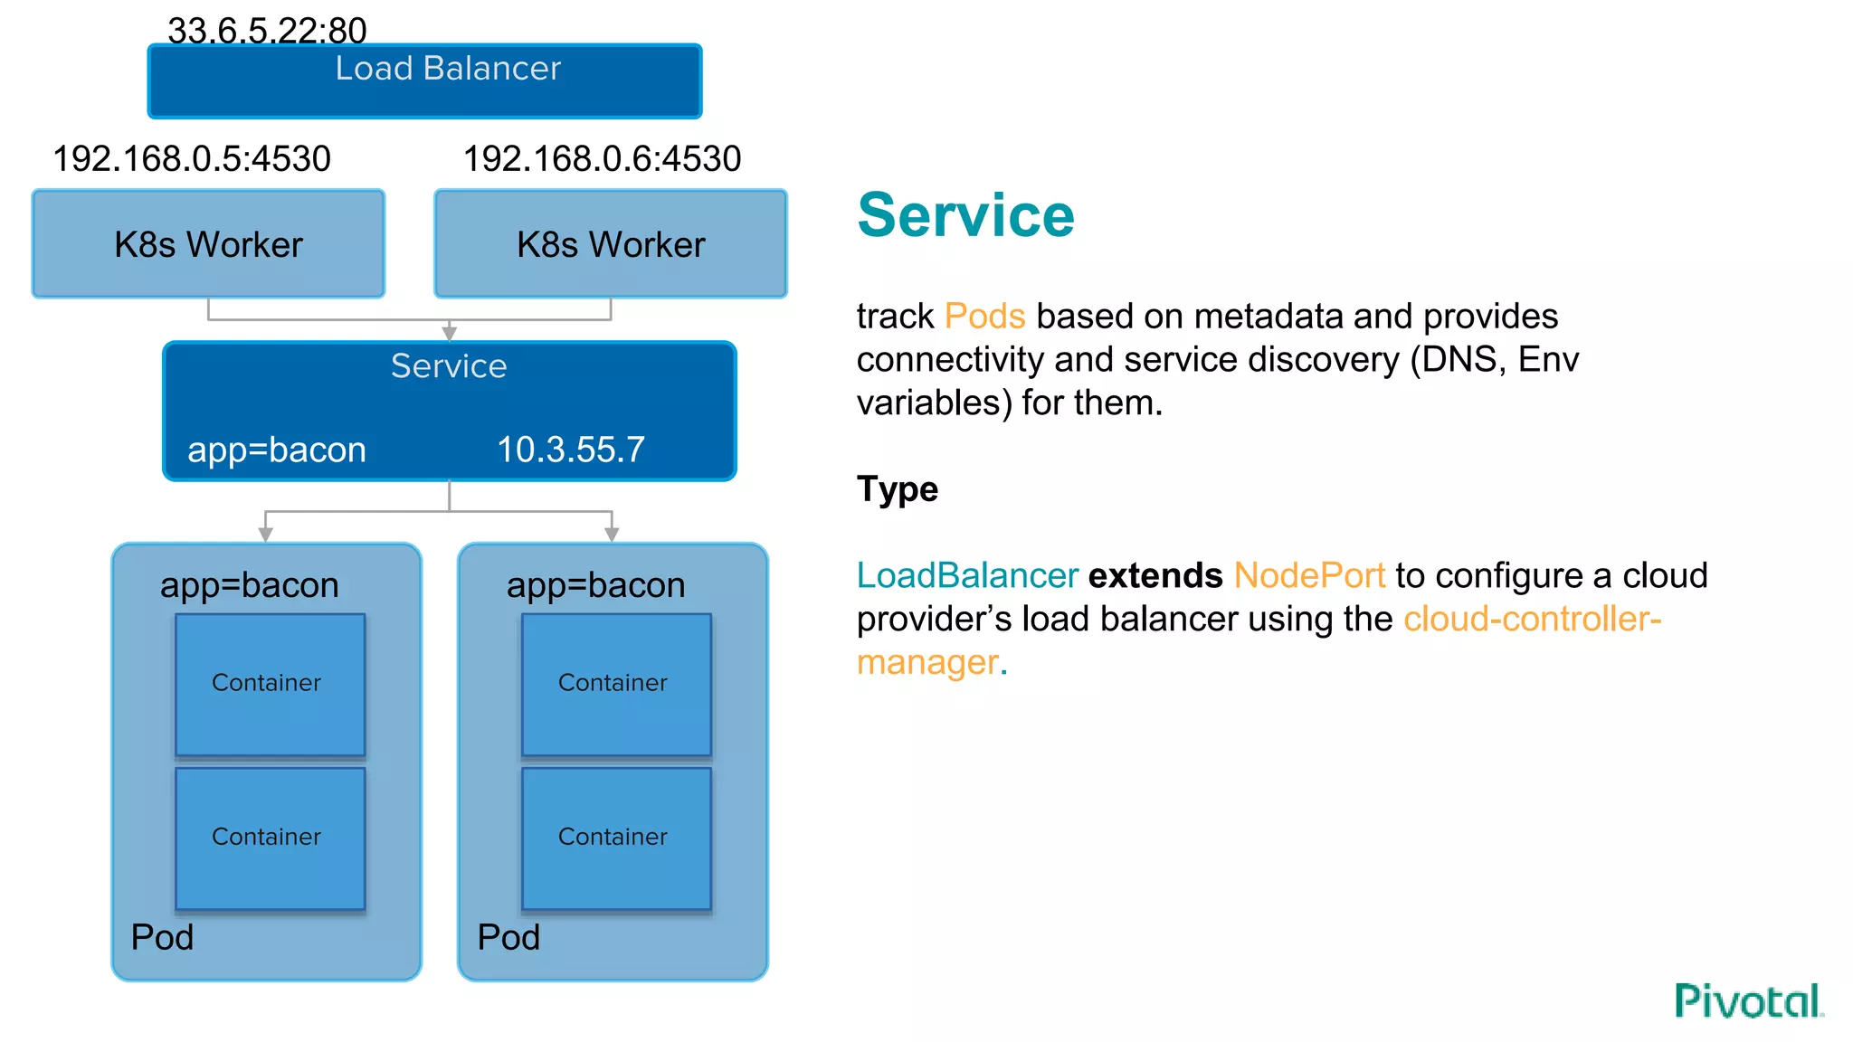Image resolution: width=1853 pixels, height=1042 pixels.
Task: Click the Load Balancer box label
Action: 448,69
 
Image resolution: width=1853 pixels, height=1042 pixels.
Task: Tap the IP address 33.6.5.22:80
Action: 267,31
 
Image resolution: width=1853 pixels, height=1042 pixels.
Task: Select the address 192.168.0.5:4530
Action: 192,159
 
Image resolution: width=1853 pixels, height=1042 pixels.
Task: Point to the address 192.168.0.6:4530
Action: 602,159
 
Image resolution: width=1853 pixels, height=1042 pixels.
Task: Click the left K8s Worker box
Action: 208,244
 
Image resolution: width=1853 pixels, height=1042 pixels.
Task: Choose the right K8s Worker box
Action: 611,244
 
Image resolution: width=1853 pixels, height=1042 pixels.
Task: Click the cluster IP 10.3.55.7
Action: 571,450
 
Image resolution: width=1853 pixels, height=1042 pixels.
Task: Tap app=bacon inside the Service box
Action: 276,450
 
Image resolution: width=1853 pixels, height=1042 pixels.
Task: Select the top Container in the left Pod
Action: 270,684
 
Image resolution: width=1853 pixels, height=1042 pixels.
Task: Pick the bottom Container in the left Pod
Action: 270,838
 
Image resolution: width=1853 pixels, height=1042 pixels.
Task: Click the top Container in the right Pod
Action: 616,684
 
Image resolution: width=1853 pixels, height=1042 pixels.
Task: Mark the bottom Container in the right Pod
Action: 616,838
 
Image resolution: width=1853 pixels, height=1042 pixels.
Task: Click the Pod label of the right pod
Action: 508,937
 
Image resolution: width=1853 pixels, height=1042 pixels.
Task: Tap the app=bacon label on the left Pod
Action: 249,585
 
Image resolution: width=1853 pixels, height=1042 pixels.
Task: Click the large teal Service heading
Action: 965,215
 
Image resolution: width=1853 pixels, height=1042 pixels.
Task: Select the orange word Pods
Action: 984,317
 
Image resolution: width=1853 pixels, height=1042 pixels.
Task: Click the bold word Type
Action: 897,489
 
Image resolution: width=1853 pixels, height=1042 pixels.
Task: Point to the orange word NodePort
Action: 1308,576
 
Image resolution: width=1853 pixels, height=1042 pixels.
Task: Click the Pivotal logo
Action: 1747,1001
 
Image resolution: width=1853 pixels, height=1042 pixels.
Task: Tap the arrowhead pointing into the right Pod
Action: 612,535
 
